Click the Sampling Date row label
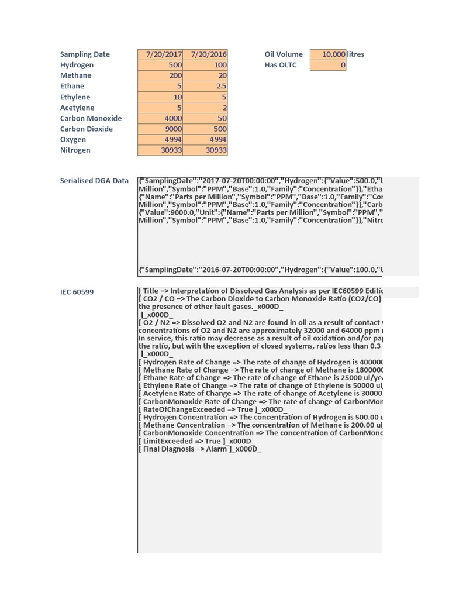85,54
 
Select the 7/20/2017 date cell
160,54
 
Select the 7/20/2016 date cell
205,54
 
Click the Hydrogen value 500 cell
160,65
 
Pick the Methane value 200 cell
160,75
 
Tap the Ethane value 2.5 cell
205,86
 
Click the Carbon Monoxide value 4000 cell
160,118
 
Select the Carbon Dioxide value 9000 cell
160,129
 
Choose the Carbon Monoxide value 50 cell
205,118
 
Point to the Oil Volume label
284,54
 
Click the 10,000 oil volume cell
328,54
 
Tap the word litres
355,54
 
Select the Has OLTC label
280,65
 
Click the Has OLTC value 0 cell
328,65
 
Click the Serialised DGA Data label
94,181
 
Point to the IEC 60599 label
77,292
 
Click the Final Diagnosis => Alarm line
199,449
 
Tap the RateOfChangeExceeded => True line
212,409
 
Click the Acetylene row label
77,108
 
